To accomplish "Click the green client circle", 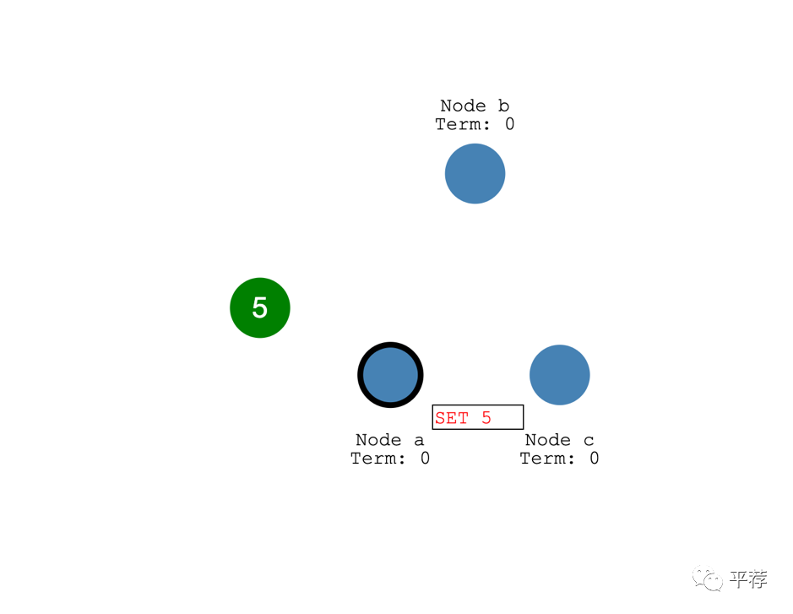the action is [x=260, y=307].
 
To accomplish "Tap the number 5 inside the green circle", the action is [x=260, y=308].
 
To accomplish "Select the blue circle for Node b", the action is [x=475, y=173].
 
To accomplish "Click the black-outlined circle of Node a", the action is [x=390, y=374].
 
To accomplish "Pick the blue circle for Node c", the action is [x=559, y=374].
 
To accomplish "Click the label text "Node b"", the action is [x=475, y=106].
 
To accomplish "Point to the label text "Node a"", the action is [x=390, y=440].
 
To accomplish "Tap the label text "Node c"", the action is [x=559, y=440].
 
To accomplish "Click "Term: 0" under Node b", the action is [x=475, y=124].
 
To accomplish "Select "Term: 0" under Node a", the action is [x=390, y=459].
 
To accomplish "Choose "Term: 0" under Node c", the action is [x=559, y=459].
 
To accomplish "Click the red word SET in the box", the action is [x=452, y=418].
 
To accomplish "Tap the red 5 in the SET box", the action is [x=486, y=418].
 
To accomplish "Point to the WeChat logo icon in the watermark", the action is [x=708, y=579].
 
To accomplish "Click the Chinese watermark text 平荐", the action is [x=748, y=579].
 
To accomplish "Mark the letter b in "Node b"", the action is [x=504, y=106].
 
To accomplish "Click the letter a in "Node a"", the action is [x=420, y=440].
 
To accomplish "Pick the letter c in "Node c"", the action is [x=589, y=440].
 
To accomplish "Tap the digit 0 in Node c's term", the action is [x=595, y=459].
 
